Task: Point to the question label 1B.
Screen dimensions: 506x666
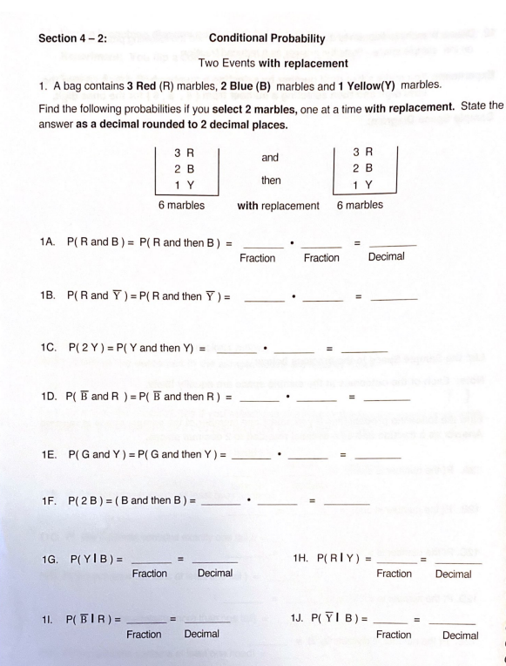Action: pos(49,296)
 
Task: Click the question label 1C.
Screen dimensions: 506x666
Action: pos(49,349)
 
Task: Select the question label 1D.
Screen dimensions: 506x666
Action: pos(49,398)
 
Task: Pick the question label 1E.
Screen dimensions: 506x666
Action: pos(49,453)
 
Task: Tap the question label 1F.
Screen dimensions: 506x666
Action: pos(49,502)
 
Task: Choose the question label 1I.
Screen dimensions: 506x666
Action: pos(47,618)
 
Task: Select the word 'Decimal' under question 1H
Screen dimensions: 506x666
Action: pos(453,574)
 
